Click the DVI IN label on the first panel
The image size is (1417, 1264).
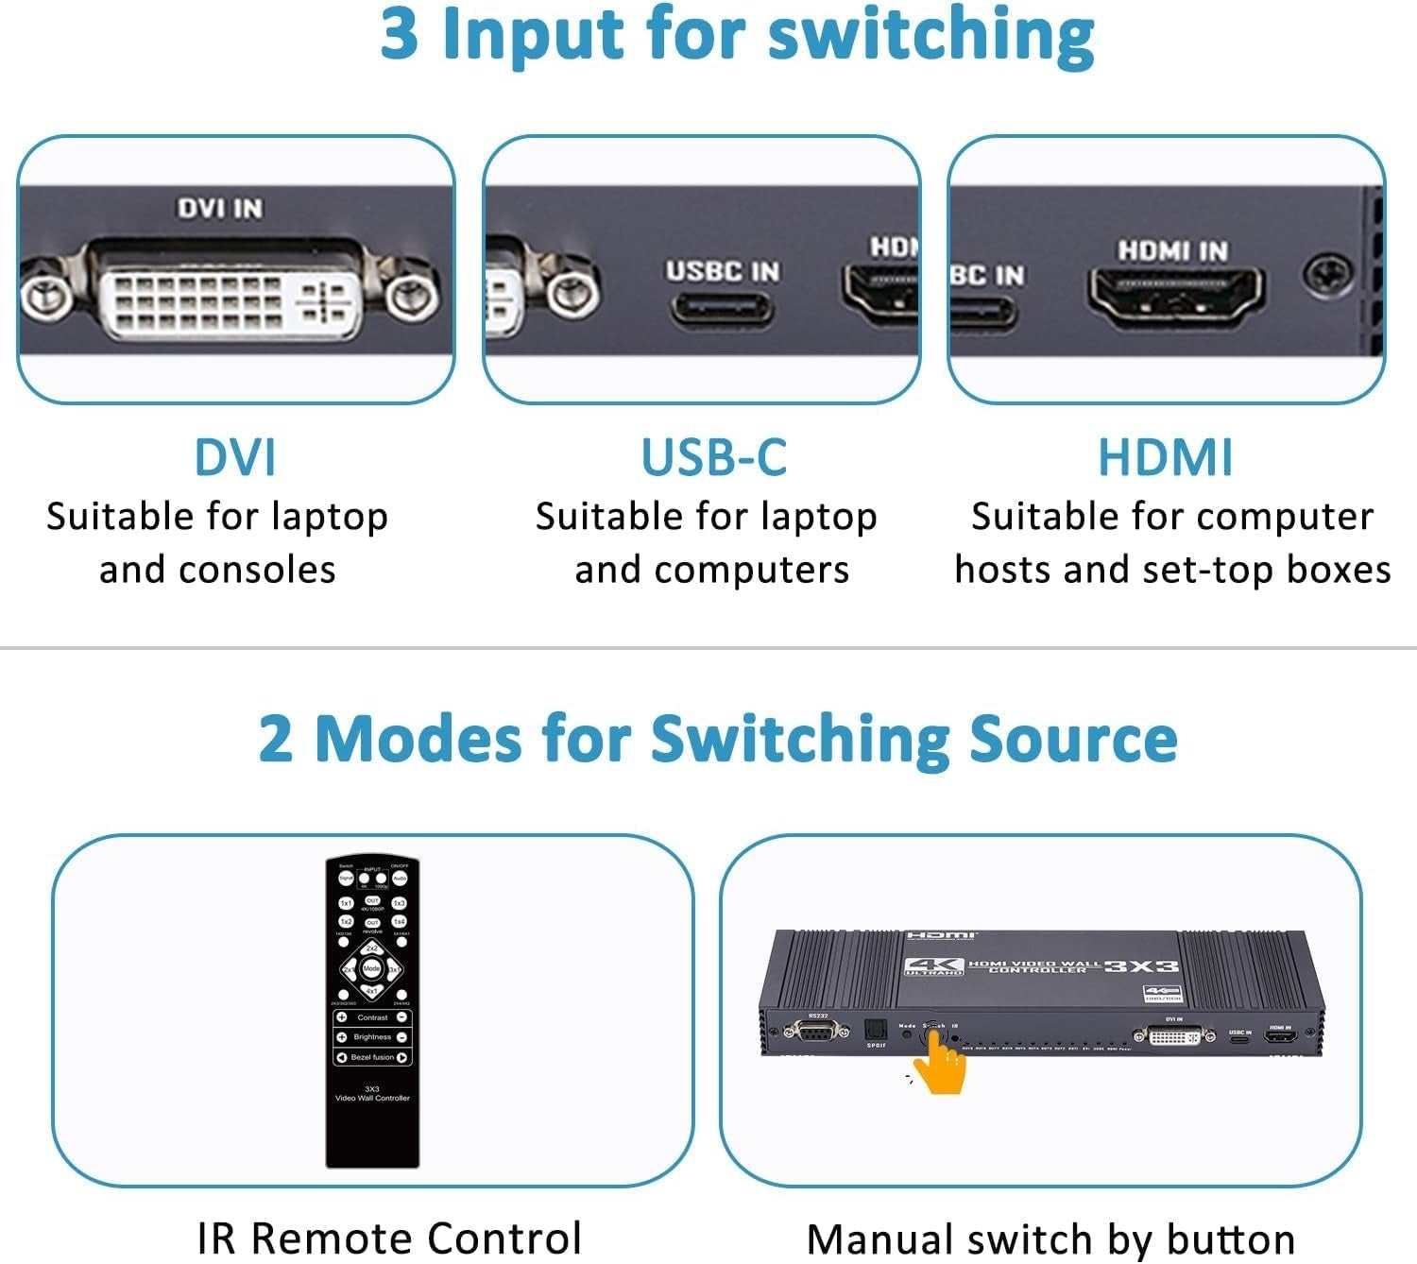pos(220,208)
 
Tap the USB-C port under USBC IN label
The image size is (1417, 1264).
pos(722,309)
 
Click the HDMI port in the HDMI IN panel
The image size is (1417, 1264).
pos(1175,296)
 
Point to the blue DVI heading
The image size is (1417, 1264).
pos(234,457)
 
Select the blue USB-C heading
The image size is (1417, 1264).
pos(713,457)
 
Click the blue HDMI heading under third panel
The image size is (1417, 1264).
pos(1165,457)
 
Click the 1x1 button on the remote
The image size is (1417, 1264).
pos(346,903)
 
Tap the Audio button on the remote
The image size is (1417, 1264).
pos(400,879)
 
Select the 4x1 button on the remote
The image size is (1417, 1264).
pos(372,990)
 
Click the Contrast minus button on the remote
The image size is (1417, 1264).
pos(402,1017)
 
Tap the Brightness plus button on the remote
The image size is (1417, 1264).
pos(342,1037)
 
